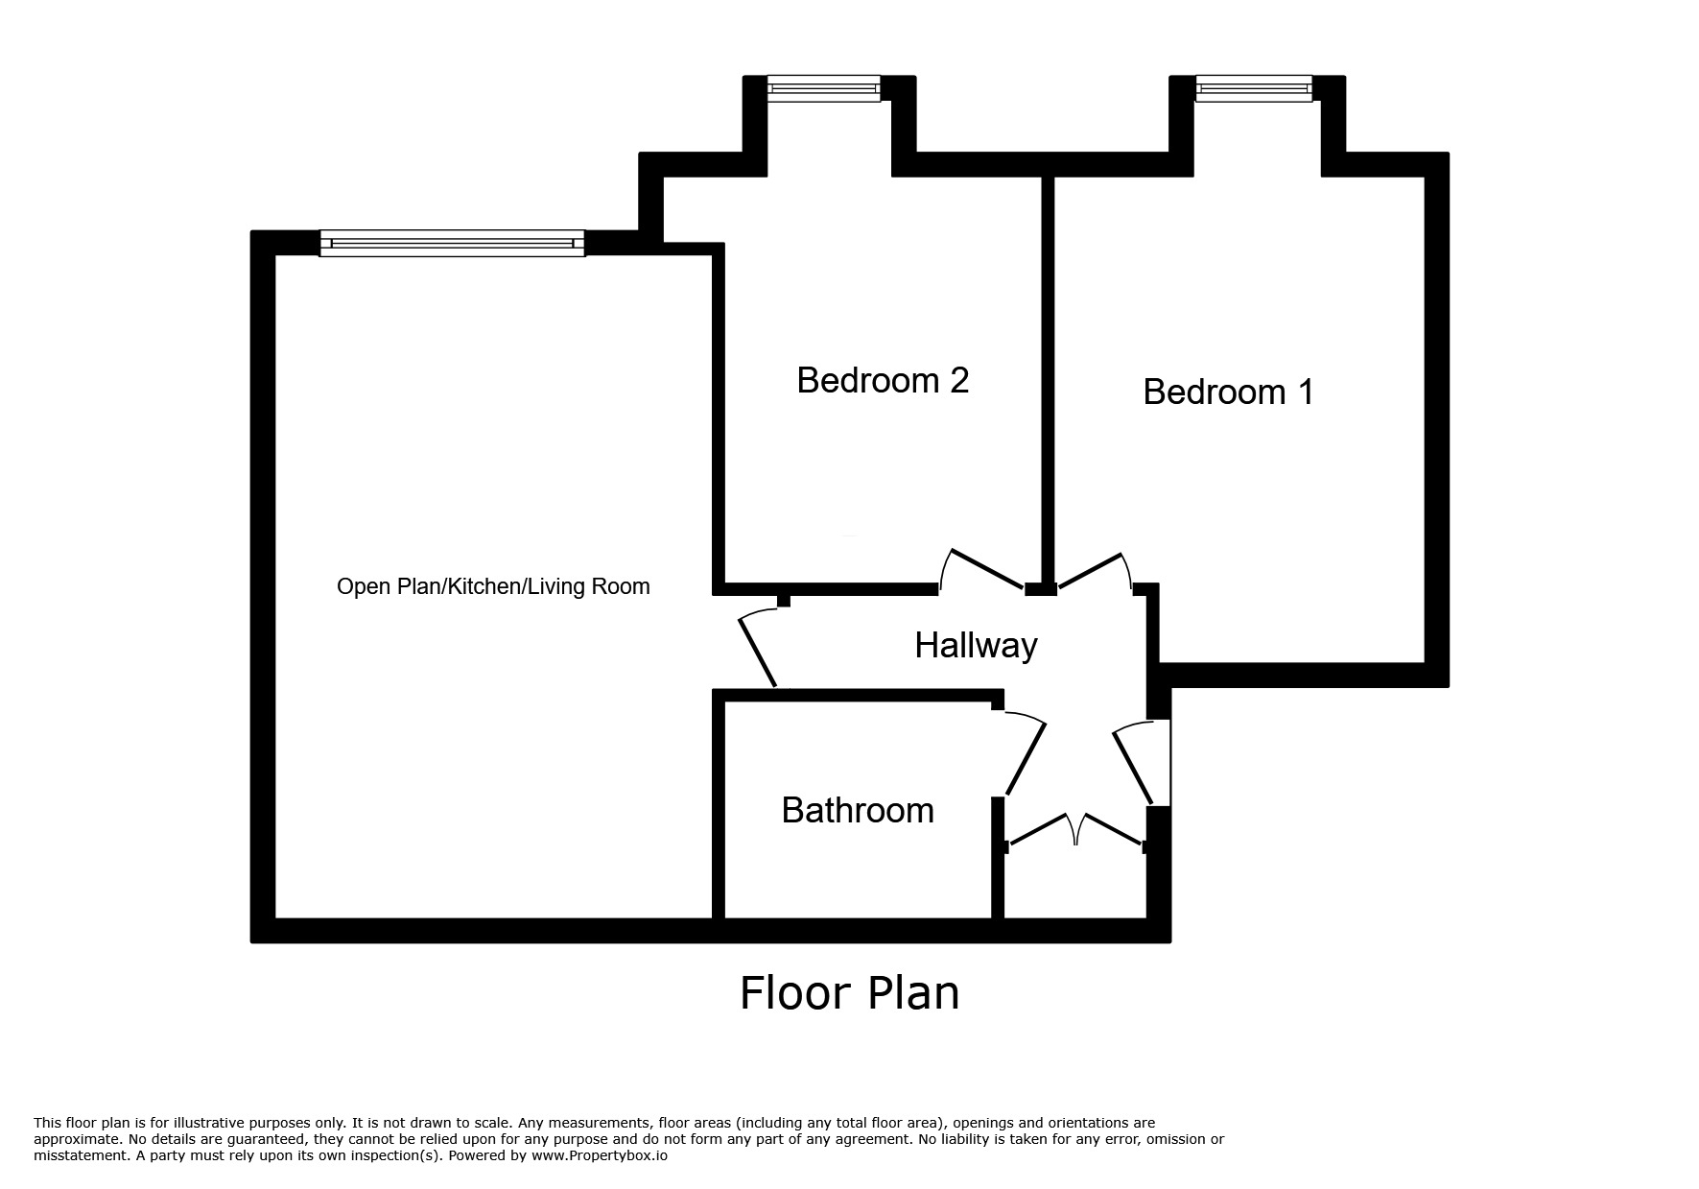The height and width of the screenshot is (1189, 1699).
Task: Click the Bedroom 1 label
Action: tap(1228, 392)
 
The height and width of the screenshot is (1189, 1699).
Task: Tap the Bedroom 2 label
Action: tap(883, 380)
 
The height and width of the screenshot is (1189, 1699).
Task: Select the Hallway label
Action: tap(976, 645)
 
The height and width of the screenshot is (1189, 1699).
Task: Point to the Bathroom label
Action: tap(858, 810)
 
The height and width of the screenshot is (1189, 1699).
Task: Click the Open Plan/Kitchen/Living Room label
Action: tap(493, 586)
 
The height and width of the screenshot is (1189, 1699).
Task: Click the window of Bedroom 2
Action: tap(823, 89)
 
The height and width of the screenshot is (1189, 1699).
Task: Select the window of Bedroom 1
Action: tap(1254, 89)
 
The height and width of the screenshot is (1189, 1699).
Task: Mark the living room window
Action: tap(452, 243)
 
